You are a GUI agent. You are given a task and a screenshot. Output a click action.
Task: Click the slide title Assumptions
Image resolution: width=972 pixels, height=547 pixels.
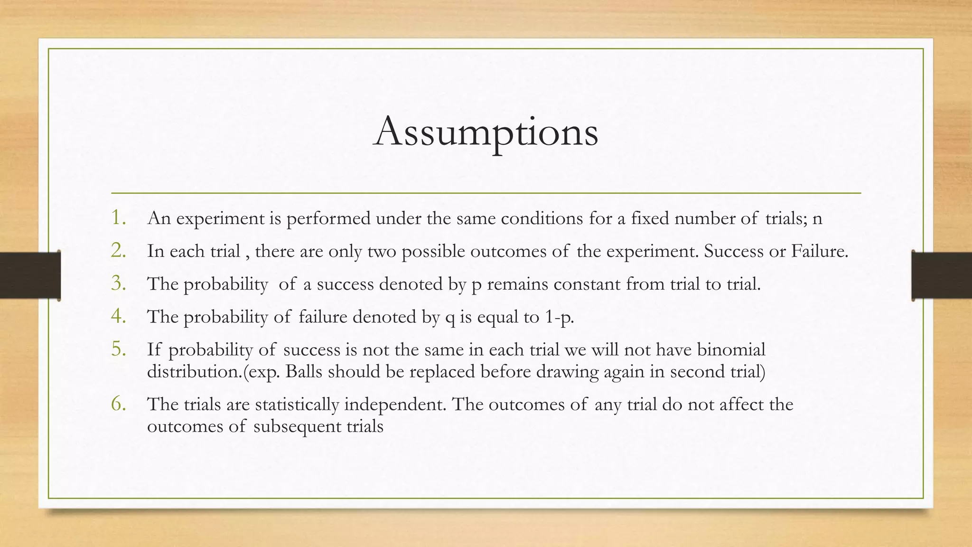[486, 132]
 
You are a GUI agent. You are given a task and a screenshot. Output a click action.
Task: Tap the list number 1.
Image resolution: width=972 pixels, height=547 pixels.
[118, 217]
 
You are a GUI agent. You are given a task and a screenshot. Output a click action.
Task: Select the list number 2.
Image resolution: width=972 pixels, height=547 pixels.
[118, 250]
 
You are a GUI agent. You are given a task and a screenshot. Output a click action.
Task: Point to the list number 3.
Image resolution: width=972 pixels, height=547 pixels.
[118, 283]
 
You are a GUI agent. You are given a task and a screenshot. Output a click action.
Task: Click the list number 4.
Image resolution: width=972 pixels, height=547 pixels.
[118, 316]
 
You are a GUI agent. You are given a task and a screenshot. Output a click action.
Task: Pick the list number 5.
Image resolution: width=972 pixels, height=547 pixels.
[118, 349]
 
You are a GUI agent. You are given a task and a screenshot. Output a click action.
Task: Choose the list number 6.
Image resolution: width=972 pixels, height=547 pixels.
[118, 404]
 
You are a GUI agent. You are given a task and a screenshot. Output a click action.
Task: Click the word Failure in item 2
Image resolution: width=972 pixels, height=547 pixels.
[819, 251]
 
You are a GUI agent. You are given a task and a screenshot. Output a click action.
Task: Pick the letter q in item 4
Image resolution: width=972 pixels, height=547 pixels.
[450, 318]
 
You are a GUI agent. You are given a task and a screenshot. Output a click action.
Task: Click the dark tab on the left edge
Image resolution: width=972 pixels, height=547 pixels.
[30, 275]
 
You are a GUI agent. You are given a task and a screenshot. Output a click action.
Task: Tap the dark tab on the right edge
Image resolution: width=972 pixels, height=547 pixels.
[942, 275]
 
